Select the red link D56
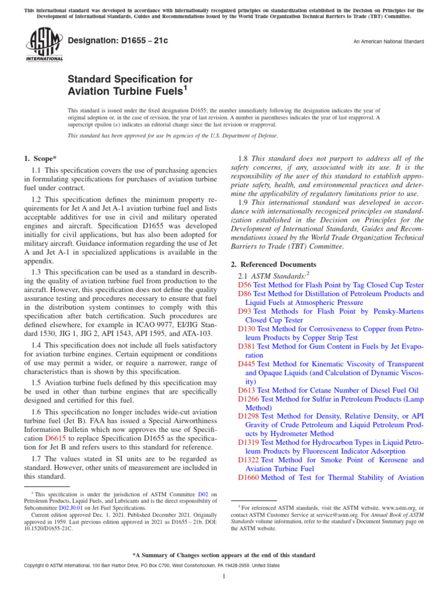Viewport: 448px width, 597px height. [244, 285]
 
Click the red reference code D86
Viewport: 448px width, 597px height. [244, 294]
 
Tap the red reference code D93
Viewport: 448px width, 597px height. [244, 311]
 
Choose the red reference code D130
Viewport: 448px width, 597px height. [247, 329]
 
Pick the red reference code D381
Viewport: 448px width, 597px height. [247, 346]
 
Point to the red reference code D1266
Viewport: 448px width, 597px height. [249, 399]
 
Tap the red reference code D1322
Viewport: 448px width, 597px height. [249, 460]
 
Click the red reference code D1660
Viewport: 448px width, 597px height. [249, 477]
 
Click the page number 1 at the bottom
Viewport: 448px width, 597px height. [224, 577]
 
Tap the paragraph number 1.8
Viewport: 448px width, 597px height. [245, 158]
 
